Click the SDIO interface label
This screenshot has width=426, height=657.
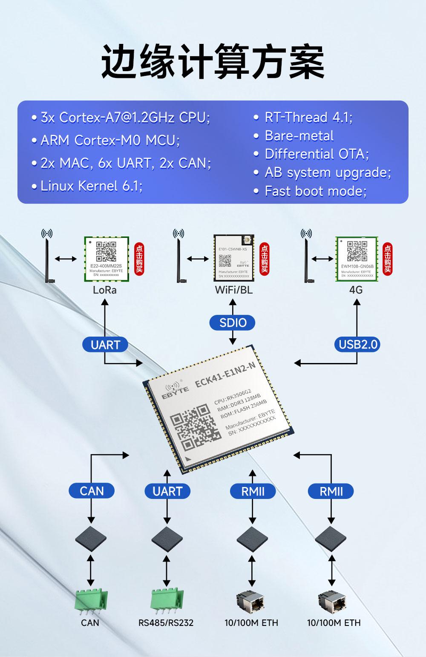click(233, 323)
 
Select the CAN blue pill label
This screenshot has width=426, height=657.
click(92, 491)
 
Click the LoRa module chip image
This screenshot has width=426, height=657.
click(106, 259)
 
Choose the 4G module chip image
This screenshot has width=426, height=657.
click(357, 259)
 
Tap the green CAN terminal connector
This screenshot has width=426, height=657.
click(91, 601)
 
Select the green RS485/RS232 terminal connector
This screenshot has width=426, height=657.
click(167, 601)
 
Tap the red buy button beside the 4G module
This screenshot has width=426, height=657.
click(387, 259)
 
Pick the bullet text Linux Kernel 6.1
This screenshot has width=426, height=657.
click(91, 186)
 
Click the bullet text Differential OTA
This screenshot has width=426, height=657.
click(317, 154)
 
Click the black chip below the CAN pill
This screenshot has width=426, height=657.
click(91, 539)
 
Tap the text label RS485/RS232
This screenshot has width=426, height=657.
click(166, 623)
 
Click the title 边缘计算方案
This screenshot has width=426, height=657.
click(213, 62)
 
